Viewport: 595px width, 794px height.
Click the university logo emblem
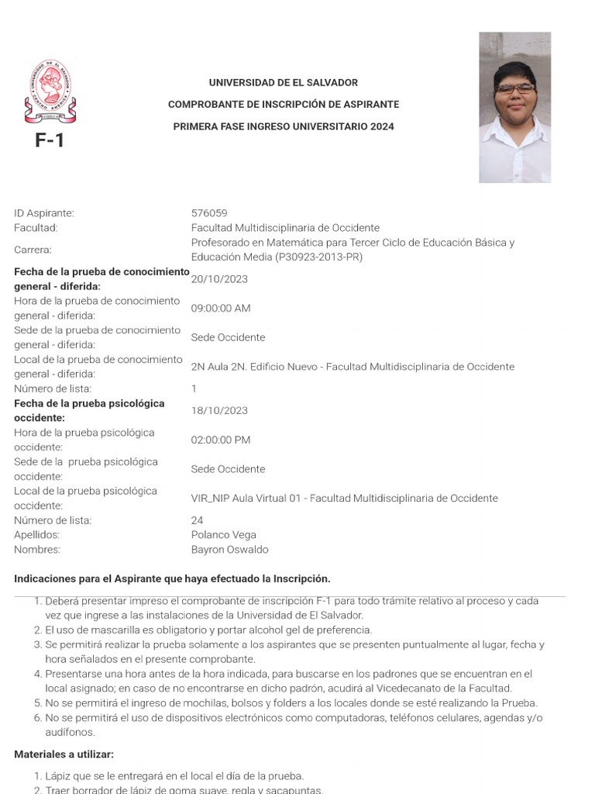[x=50, y=91]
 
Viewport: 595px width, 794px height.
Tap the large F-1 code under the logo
[x=50, y=140]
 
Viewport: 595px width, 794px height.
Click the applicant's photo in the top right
[x=514, y=107]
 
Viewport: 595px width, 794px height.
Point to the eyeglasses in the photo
[x=515, y=88]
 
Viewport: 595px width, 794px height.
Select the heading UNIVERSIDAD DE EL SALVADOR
[x=284, y=83]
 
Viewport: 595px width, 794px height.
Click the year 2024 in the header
[x=382, y=126]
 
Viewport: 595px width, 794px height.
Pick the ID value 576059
[x=209, y=213]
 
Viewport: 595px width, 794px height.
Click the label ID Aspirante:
[x=44, y=213]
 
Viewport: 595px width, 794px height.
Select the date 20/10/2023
[x=219, y=279]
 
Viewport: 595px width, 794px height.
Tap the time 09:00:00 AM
[x=221, y=309]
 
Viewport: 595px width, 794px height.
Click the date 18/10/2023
[x=219, y=411]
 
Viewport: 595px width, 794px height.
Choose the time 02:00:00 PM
[x=221, y=440]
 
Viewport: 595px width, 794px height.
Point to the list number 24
[x=197, y=520]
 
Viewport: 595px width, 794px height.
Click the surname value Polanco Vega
[x=223, y=535]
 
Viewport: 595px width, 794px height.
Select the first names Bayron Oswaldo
[x=229, y=550]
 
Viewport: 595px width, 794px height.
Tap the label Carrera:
[x=33, y=250]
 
